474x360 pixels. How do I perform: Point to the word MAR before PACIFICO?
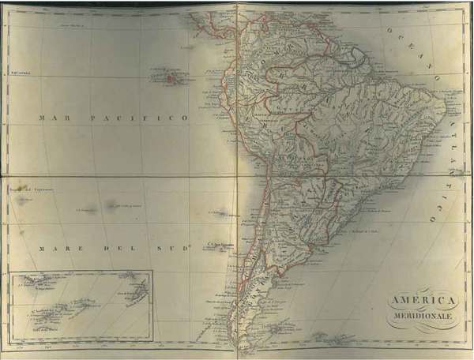52,117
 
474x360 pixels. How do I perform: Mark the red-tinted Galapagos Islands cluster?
169,76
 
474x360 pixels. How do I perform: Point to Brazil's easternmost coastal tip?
452,110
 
